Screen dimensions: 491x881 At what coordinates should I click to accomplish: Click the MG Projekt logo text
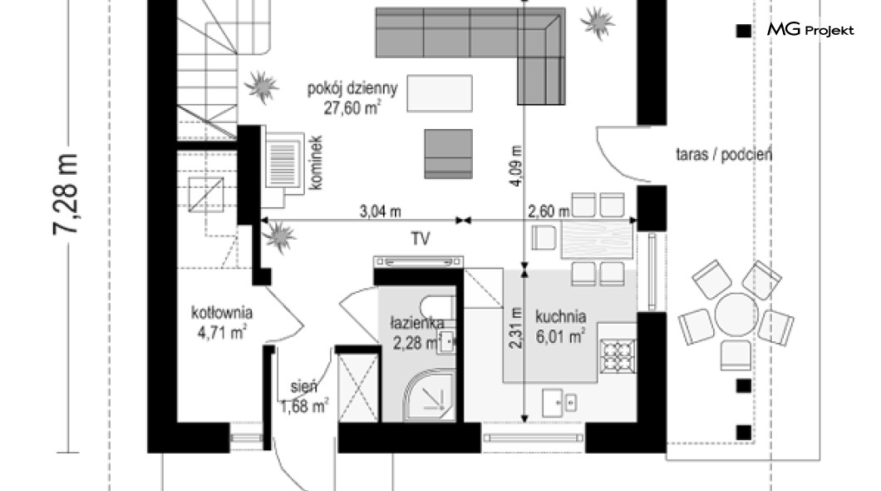810,30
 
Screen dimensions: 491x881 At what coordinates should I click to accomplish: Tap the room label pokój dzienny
352,87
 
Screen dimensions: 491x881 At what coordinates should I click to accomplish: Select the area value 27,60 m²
353,106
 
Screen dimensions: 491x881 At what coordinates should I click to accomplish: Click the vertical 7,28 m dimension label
66,193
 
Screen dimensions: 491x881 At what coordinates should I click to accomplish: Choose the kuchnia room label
561,316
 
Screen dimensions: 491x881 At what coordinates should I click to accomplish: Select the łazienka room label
417,323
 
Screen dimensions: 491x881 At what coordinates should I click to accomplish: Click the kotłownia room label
221,314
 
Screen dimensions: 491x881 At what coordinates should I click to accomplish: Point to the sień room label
303,387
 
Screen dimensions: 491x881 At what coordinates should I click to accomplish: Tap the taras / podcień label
724,154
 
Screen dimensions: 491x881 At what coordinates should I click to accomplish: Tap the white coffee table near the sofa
439,92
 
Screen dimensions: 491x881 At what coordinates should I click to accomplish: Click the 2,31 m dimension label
516,329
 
